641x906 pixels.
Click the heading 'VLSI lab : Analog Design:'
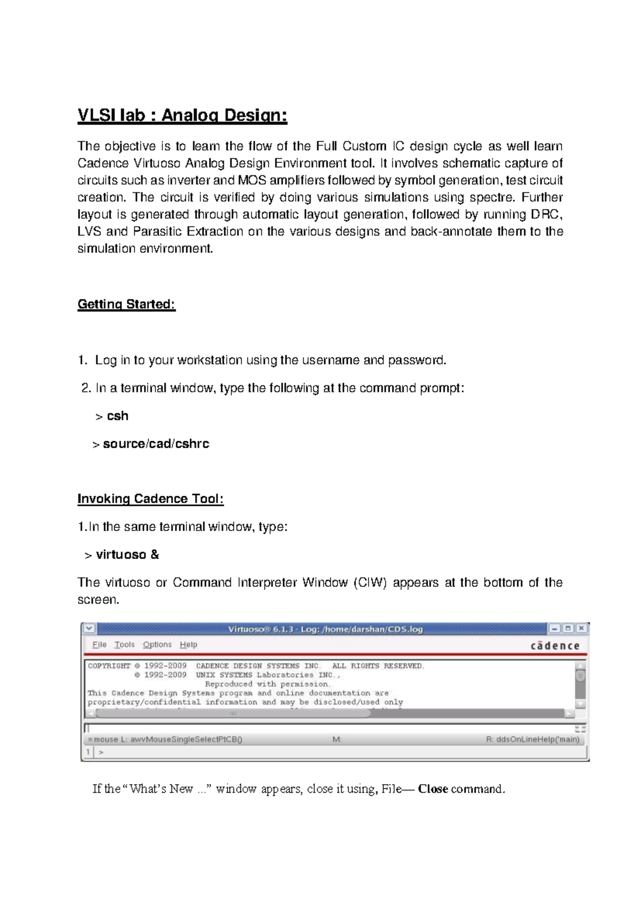coord(182,115)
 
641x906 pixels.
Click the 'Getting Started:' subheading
coord(127,304)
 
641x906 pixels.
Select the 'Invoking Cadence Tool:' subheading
coord(150,499)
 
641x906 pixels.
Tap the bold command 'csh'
coord(118,416)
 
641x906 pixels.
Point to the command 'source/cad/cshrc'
coord(156,444)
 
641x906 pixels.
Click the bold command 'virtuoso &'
coord(127,555)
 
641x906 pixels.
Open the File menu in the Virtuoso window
coord(99,645)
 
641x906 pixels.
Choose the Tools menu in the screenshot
coord(124,645)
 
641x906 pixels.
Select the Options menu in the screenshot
coord(157,645)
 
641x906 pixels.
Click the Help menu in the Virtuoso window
coord(189,645)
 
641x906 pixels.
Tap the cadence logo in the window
coord(555,646)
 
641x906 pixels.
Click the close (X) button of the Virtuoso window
coord(581,629)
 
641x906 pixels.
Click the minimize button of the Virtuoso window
coord(555,629)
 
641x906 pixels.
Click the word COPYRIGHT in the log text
coord(109,666)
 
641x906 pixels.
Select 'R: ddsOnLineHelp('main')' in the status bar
coord(532,740)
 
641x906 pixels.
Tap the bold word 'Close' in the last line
coord(433,789)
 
